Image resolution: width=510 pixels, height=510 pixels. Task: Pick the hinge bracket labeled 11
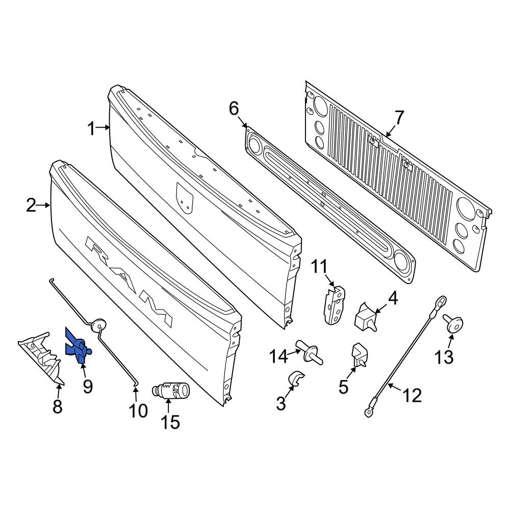[x=334, y=304]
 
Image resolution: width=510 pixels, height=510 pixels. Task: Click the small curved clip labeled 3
[x=296, y=379]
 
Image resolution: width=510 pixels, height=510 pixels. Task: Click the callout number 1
[x=91, y=129]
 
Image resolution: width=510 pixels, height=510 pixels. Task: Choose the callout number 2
[x=32, y=206]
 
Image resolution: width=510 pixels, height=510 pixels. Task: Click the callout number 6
[x=234, y=108]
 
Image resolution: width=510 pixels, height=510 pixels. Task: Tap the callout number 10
[x=138, y=411]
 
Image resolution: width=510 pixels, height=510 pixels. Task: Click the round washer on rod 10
[x=100, y=323]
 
